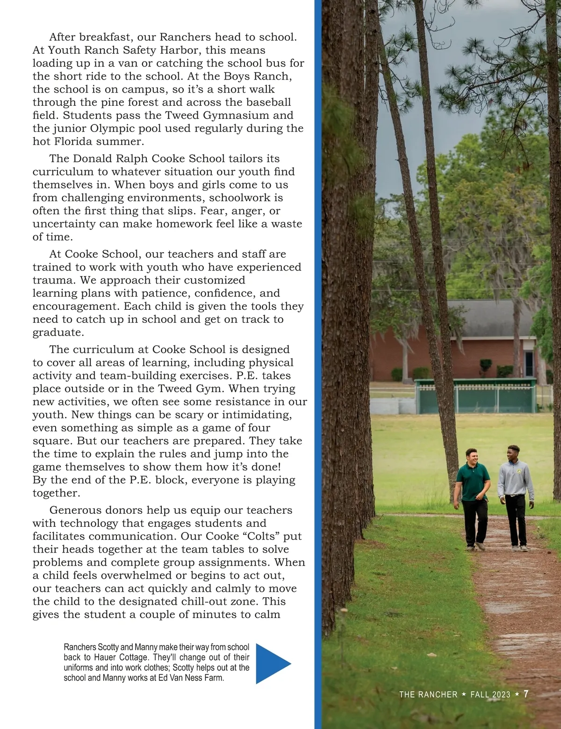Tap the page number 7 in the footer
(x=526, y=694)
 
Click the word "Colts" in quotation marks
(x=262, y=536)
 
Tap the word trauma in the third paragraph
(x=53, y=280)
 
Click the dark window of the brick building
(x=529, y=363)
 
